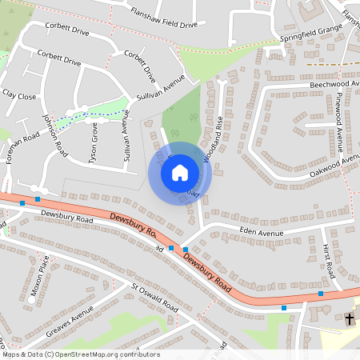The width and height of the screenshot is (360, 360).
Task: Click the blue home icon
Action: (x=180, y=172)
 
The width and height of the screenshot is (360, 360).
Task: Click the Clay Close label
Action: (x=20, y=95)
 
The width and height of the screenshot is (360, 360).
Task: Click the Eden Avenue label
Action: (x=262, y=231)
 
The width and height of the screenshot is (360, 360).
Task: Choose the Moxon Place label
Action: (x=39, y=277)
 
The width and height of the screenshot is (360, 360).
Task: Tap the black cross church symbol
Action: (x=349, y=319)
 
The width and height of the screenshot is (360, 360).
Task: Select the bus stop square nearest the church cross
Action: (x=321, y=294)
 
